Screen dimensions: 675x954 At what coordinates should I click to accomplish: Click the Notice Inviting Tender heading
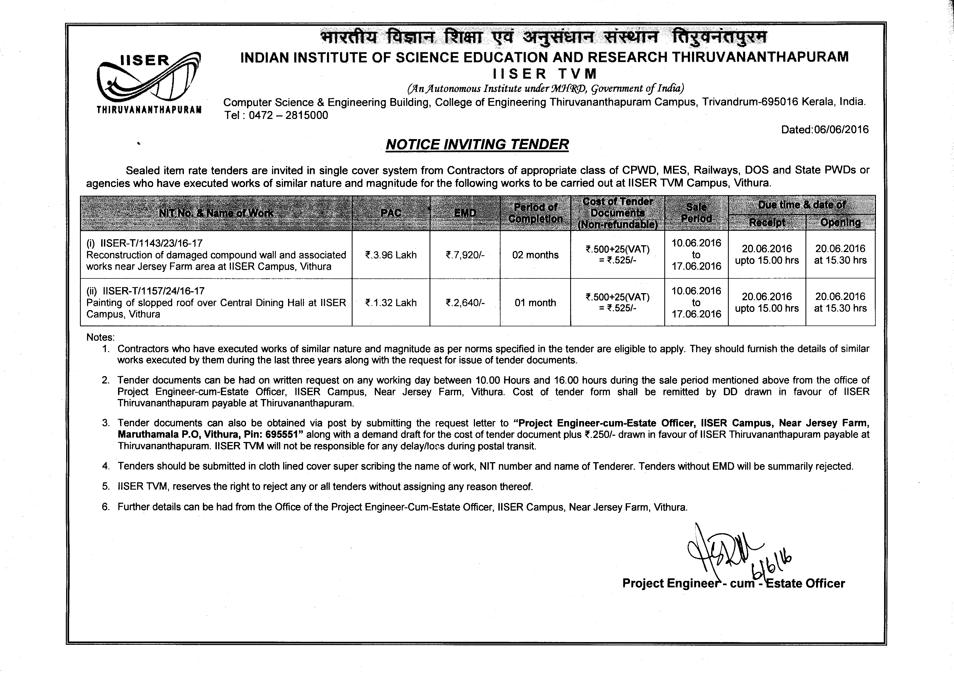[477, 144]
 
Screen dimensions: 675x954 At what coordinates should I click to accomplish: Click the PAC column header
[391, 213]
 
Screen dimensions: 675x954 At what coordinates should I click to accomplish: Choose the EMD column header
[465, 213]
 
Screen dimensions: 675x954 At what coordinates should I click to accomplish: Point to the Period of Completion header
[535, 213]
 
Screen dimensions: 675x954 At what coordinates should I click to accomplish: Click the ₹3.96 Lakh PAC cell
[391, 255]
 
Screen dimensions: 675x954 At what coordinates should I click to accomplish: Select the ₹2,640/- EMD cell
[465, 303]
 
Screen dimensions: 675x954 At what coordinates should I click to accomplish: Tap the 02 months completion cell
[535, 255]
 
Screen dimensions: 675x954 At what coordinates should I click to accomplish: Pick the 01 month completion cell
[535, 303]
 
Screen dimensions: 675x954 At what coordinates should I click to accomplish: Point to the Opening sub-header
[840, 222]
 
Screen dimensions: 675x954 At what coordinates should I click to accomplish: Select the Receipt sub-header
[767, 222]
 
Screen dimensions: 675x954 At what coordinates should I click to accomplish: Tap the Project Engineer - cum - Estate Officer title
[733, 584]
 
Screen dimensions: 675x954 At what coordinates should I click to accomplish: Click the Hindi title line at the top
[544, 37]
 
